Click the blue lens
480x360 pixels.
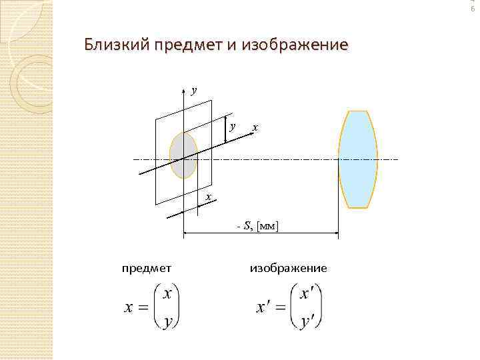click(x=358, y=160)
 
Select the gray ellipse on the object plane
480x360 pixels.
click(x=183, y=155)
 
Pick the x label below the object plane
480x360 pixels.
click(x=208, y=197)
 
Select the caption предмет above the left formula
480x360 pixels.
click(x=147, y=268)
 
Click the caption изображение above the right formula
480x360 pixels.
click(x=288, y=268)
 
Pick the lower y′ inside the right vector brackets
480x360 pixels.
click(x=307, y=321)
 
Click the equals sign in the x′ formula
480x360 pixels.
click(x=279, y=308)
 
